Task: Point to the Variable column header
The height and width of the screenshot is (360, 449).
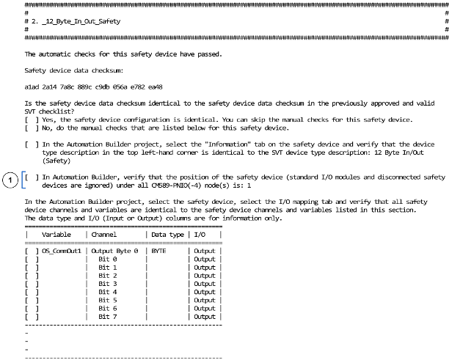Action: pyautogui.click(x=56, y=234)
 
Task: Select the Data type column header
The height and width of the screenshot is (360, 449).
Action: pyautogui.click(x=168, y=234)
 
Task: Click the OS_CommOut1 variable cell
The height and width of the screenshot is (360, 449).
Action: pyautogui.click(x=62, y=251)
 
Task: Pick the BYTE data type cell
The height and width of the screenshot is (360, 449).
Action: pyautogui.click(x=159, y=251)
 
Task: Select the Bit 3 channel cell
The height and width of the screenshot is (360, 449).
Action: pyautogui.click(x=108, y=284)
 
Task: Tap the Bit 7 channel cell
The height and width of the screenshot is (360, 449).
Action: pyautogui.click(x=108, y=317)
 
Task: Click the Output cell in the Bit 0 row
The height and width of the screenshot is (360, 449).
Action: pyautogui.click(x=205, y=259)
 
